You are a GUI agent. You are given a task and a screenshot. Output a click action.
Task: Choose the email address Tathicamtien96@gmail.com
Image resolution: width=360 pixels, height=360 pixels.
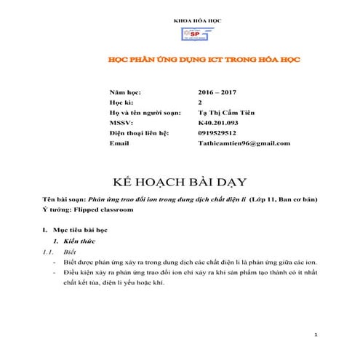coord(244,143)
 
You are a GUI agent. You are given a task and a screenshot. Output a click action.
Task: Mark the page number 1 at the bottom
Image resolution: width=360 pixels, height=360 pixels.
coord(316,335)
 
